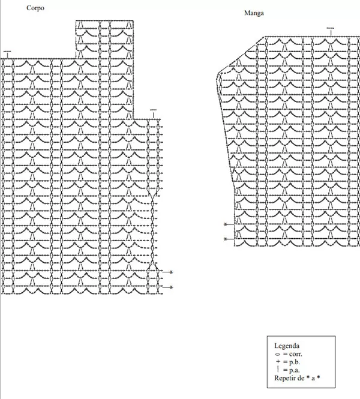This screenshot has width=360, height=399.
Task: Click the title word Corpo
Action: (35, 8)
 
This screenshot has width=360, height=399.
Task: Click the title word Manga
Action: (254, 13)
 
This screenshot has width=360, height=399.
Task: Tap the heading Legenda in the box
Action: (287, 346)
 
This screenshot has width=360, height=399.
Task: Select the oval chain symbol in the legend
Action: (278, 354)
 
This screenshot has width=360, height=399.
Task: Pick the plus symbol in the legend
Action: (278, 362)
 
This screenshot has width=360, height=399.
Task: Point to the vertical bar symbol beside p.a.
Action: (278, 369)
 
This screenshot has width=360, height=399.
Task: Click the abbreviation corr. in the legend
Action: (296, 354)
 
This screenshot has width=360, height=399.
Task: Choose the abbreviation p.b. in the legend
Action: (295, 362)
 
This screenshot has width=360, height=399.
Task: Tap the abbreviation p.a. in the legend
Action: (295, 370)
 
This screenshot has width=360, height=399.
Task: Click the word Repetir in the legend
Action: (284, 378)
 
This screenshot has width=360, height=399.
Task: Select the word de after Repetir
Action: (299, 378)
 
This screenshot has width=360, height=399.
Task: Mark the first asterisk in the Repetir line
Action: (308, 377)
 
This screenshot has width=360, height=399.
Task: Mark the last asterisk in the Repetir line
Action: (318, 377)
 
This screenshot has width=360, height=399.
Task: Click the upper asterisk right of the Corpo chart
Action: (171, 272)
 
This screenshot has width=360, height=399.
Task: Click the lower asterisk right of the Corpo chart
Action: (171, 287)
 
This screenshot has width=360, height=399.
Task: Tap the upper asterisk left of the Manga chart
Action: (225, 224)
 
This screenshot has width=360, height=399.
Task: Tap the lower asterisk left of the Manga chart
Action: (225, 239)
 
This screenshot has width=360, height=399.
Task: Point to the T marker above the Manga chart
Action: (331, 32)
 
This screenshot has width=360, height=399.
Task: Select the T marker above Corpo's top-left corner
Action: (7, 55)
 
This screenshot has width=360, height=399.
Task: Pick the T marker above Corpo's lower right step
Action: (154, 114)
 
